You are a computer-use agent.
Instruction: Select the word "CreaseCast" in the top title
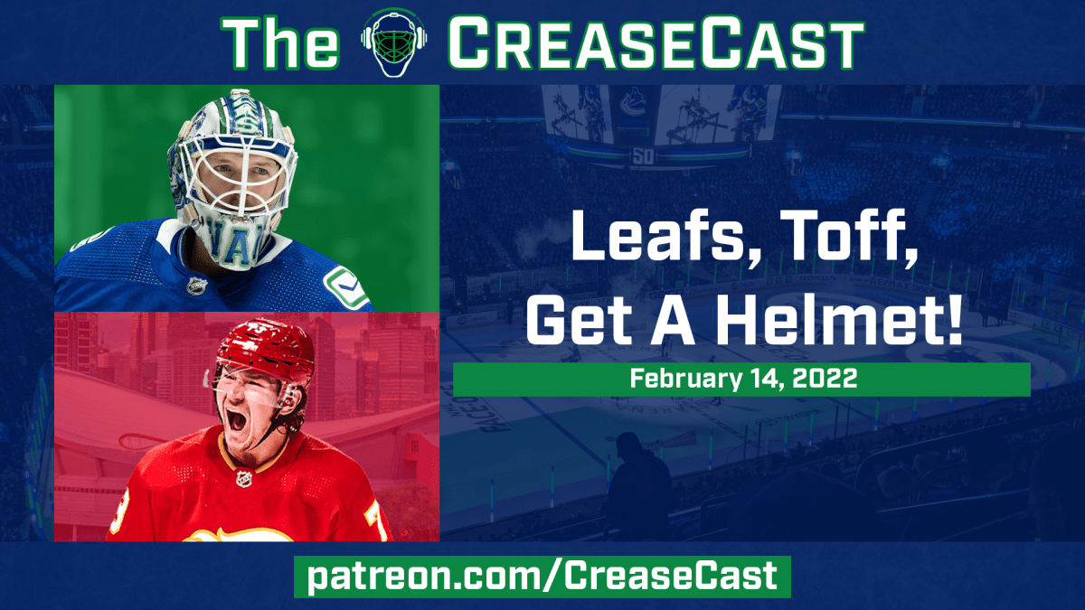655,42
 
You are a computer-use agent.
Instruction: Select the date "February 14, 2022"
741,380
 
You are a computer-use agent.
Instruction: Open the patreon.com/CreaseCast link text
542,577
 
